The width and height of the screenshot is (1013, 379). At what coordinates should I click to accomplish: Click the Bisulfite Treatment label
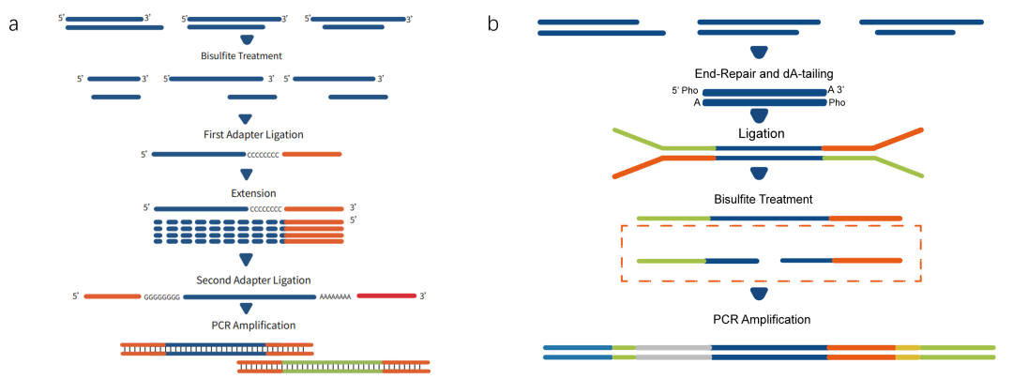pyautogui.click(x=241, y=56)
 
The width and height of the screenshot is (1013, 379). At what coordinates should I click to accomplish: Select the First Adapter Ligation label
pyautogui.click(x=253, y=135)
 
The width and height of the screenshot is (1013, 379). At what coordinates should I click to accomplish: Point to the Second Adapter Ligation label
pyautogui.click(x=253, y=280)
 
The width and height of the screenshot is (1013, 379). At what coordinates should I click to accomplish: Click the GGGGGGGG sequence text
pyautogui.click(x=162, y=296)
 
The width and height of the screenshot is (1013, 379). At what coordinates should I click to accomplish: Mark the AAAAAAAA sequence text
pyautogui.click(x=335, y=296)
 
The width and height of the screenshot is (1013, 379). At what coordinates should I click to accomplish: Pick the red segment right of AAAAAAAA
pyautogui.click(x=386, y=296)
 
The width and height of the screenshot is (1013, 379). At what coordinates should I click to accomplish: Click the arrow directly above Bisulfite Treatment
pyautogui.click(x=247, y=40)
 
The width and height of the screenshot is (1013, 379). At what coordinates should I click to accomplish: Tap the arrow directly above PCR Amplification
pyautogui.click(x=247, y=309)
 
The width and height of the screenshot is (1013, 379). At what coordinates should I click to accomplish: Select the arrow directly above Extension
pyautogui.click(x=247, y=174)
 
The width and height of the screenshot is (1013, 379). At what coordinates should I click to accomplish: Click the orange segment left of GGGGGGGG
pyautogui.click(x=112, y=296)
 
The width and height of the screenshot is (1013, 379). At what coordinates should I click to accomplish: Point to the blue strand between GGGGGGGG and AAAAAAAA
pyautogui.click(x=249, y=296)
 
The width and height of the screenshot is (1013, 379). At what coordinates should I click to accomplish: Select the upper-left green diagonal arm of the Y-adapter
pyautogui.click(x=637, y=138)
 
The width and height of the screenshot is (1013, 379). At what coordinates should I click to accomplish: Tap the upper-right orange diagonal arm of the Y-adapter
pyautogui.click(x=899, y=138)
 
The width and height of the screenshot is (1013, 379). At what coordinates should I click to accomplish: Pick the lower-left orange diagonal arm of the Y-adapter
pyautogui.click(x=638, y=167)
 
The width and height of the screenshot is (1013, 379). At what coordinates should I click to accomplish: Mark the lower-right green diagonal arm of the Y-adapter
pyautogui.click(x=899, y=167)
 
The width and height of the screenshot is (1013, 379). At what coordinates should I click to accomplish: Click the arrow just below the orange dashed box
pyautogui.click(x=760, y=295)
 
